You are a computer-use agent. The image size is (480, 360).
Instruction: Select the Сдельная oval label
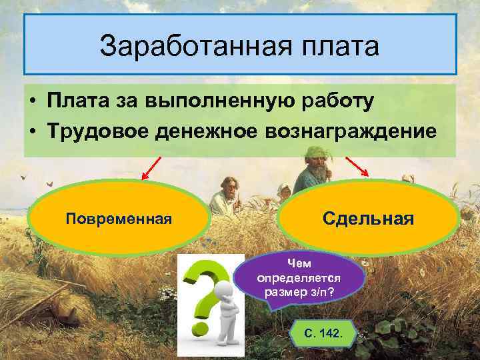[x=368, y=218]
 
